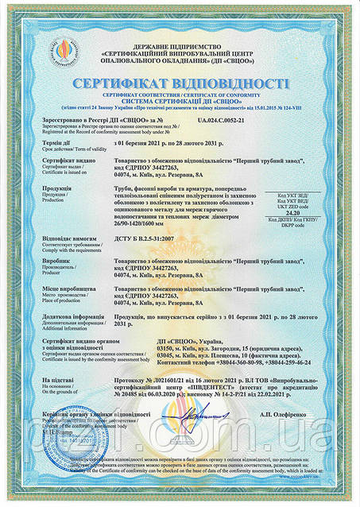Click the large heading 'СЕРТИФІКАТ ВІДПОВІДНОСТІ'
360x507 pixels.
pos(180,84)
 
